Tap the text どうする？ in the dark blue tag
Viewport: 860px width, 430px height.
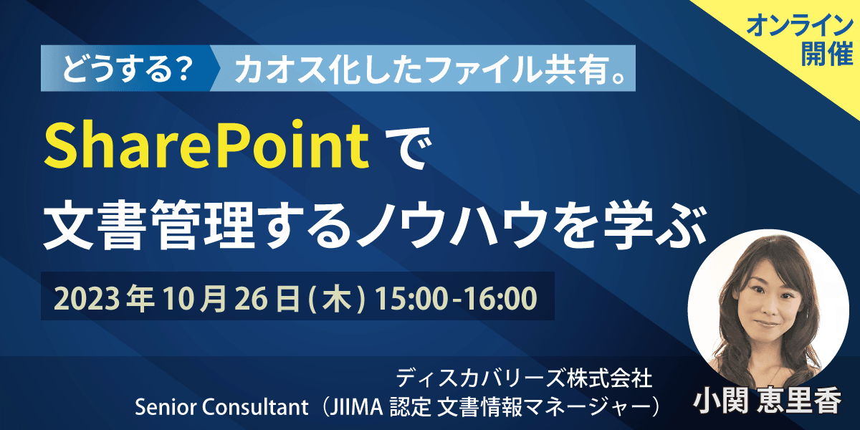[x=127, y=69]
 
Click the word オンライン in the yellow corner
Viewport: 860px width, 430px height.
[x=800, y=25]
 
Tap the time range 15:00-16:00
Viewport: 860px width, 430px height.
[x=456, y=299]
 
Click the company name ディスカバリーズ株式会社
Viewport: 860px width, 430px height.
[x=524, y=378]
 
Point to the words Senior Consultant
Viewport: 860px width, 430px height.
[x=221, y=407]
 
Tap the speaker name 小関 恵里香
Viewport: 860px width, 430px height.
[x=768, y=401]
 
